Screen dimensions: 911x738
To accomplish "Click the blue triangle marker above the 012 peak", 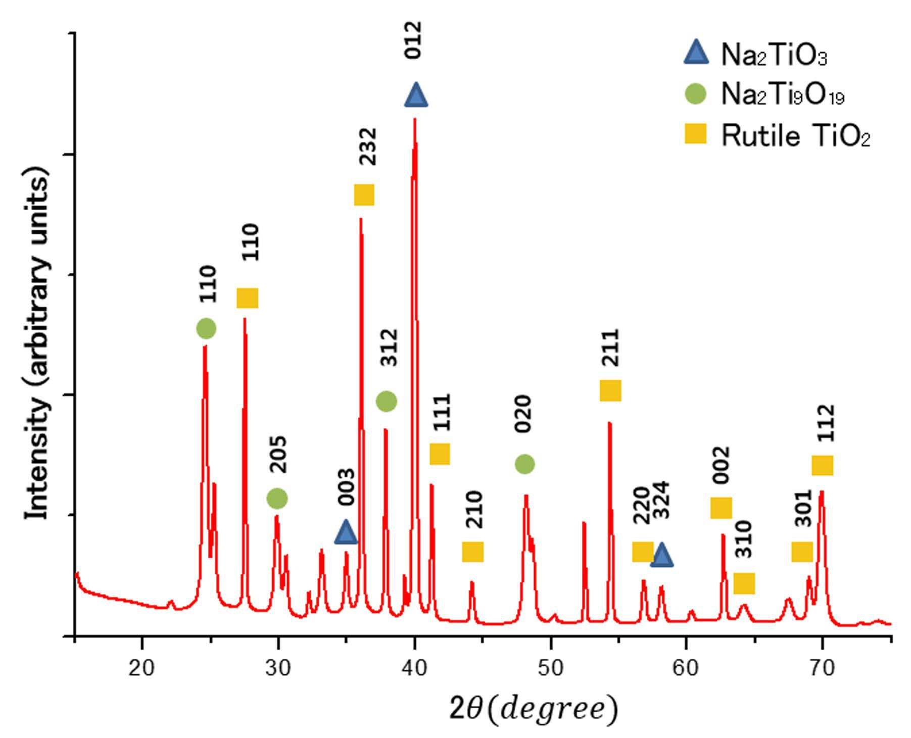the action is (416, 95).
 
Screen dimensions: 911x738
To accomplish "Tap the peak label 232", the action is (368, 146).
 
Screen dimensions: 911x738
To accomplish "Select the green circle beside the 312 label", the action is (387, 402).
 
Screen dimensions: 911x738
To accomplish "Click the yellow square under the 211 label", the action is (610, 390).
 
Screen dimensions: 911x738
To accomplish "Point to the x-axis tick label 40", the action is (414, 668).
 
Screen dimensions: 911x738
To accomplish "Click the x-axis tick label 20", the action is (141, 668).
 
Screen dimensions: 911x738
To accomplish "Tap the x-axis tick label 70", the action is (822, 668).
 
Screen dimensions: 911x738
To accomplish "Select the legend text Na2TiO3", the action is (774, 55).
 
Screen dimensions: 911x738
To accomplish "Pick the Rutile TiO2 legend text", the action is (796, 135).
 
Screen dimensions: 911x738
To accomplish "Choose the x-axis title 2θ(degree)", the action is (533, 709).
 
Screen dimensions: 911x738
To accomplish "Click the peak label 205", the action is (278, 455).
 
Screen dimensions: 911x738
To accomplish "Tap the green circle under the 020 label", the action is (524, 464).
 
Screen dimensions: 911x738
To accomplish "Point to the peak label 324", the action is (661, 500).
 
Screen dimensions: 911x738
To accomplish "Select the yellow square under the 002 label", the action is (721, 508).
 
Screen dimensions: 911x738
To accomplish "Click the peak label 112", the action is (827, 423).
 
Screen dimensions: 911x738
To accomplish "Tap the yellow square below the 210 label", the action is (473, 552).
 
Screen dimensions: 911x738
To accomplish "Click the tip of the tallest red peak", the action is (414, 118).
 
